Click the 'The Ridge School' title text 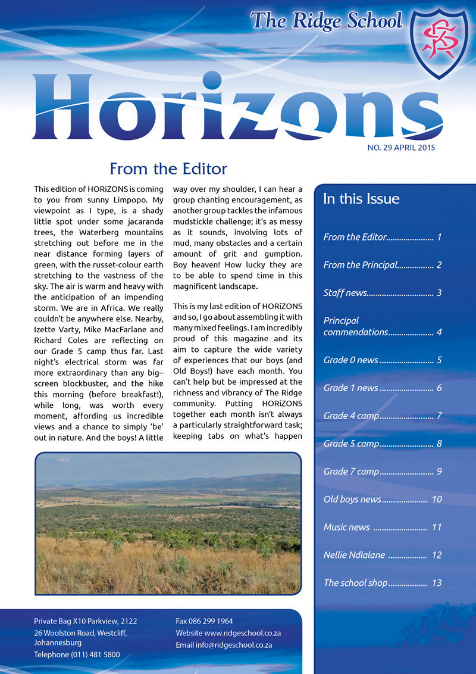(326, 21)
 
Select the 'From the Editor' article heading (168, 169)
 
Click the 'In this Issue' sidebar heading (361, 199)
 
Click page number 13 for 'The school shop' (437, 583)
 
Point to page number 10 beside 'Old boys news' (437, 500)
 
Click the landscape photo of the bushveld (168, 523)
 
